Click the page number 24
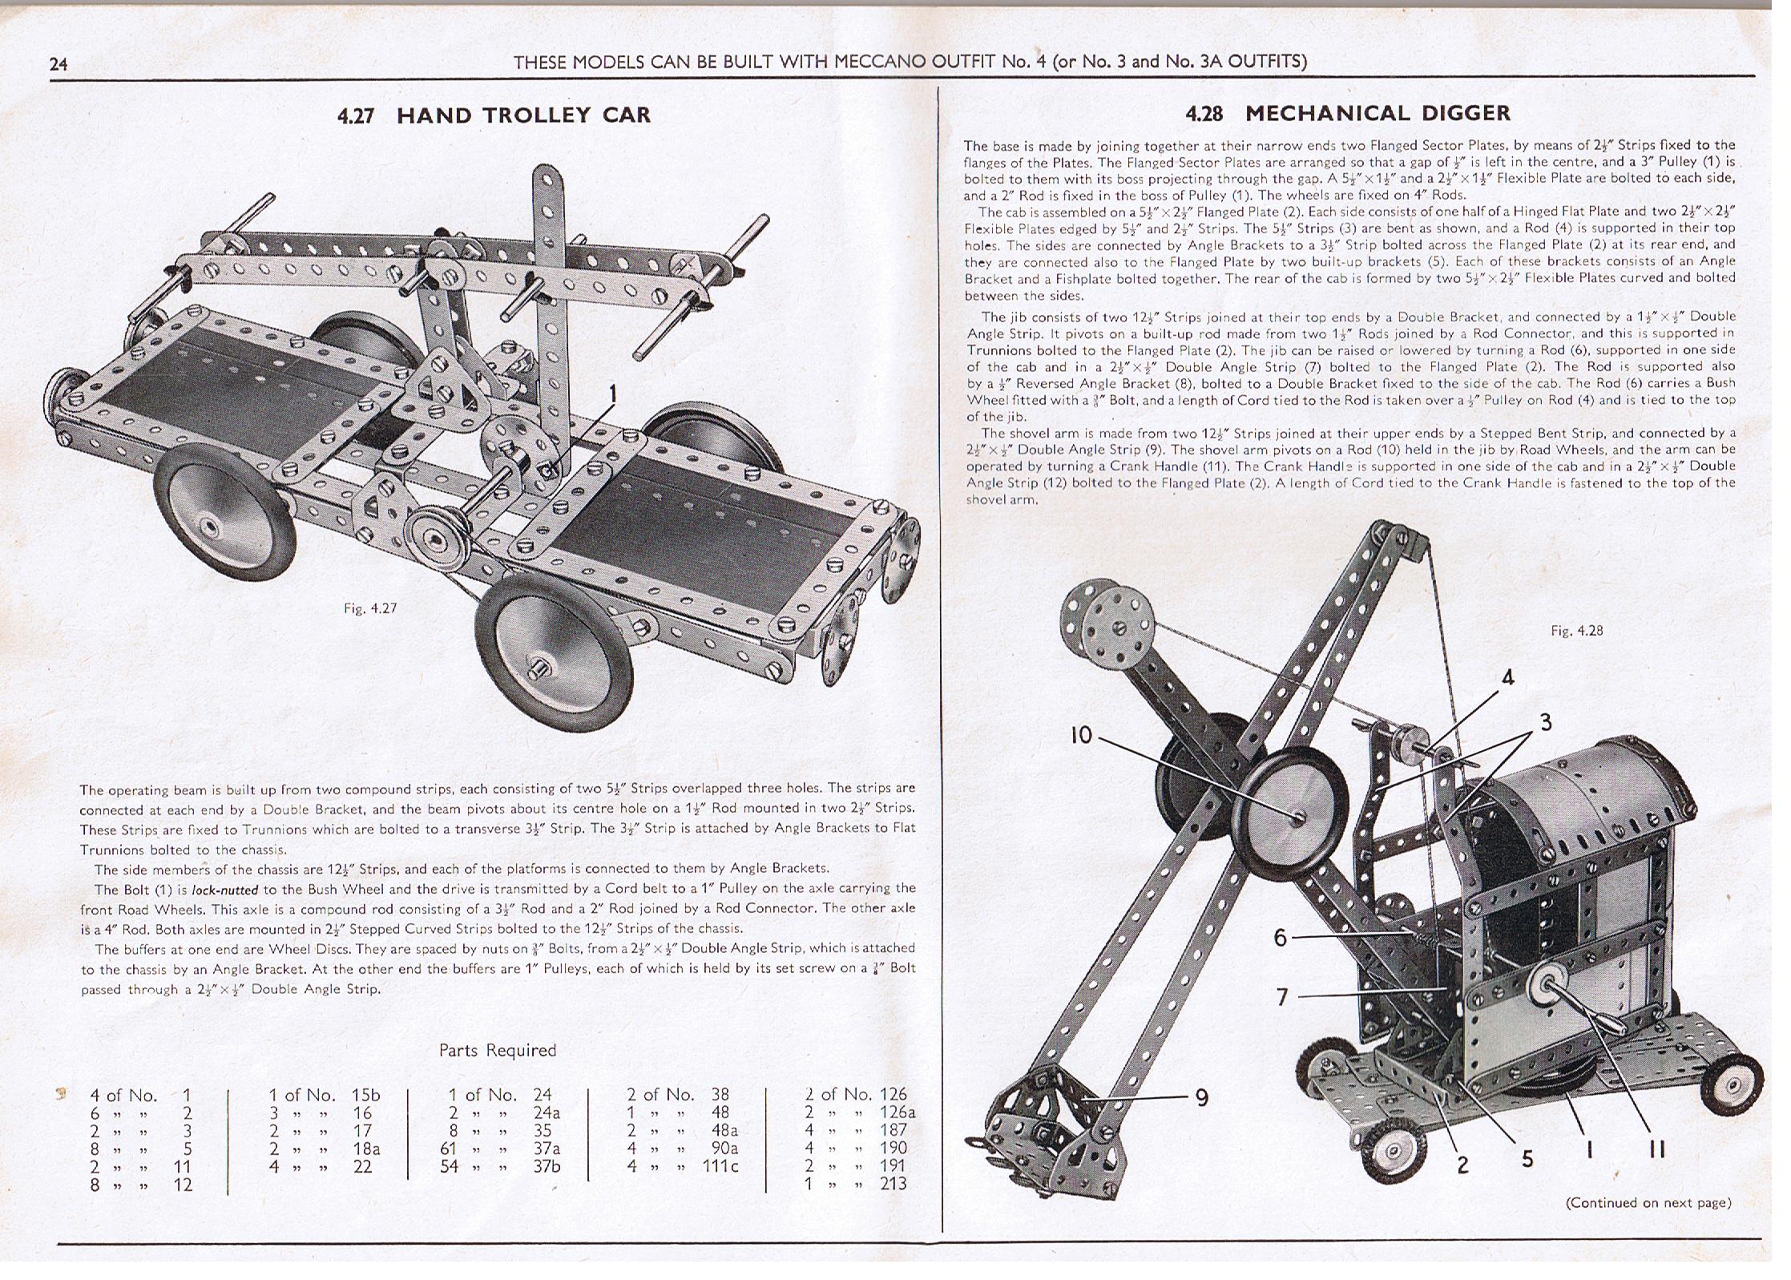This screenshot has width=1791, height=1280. coord(58,64)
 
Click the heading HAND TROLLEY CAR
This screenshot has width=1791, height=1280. coord(523,115)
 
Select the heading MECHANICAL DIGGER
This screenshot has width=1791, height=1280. coord(1378,113)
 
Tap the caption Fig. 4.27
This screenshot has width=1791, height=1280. coord(370,608)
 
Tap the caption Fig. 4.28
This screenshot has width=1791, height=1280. coord(1576,631)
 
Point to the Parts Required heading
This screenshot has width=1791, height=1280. coord(497,1050)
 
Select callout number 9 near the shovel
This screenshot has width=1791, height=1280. coord(1201,1097)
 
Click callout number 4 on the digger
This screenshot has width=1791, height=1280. coord(1507,677)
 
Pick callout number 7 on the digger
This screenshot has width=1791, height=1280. coord(1282,996)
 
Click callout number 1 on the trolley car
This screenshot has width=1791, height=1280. coord(613,393)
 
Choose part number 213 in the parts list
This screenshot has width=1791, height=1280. coord(892,1184)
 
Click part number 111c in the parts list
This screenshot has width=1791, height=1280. coord(720,1166)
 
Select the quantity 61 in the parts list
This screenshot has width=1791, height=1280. coord(450,1149)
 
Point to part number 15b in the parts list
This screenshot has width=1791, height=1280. coord(365,1095)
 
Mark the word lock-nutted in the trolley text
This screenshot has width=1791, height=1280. coord(224,890)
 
